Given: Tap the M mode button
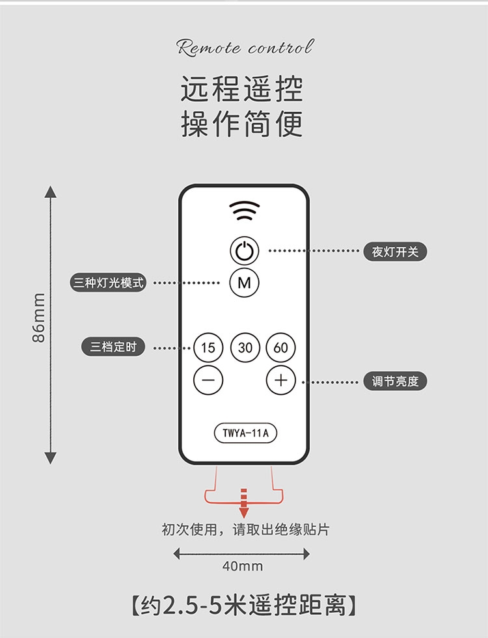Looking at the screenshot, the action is (x=244, y=282).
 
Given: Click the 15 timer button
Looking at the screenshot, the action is (x=208, y=347).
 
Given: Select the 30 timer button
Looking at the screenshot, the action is (x=245, y=347).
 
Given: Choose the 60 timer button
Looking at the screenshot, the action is (x=281, y=347).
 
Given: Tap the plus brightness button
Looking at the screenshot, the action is (x=281, y=380).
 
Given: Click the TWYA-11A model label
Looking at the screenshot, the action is (x=245, y=433).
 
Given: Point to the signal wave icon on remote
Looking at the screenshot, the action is (x=244, y=210).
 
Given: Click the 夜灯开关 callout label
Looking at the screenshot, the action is (x=395, y=252).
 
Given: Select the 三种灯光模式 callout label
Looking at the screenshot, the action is (x=108, y=282).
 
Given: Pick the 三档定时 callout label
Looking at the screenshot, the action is (x=113, y=347).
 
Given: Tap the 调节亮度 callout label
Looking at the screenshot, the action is (x=395, y=381).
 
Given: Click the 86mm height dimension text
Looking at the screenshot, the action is (x=38, y=317).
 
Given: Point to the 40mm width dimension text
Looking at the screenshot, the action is (x=243, y=566).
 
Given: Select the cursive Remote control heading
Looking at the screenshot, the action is (x=245, y=47).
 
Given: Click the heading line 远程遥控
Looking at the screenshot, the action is (x=242, y=88).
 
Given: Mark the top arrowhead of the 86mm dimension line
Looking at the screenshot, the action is (x=51, y=192).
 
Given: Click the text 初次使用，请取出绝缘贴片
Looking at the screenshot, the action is (x=245, y=529).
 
